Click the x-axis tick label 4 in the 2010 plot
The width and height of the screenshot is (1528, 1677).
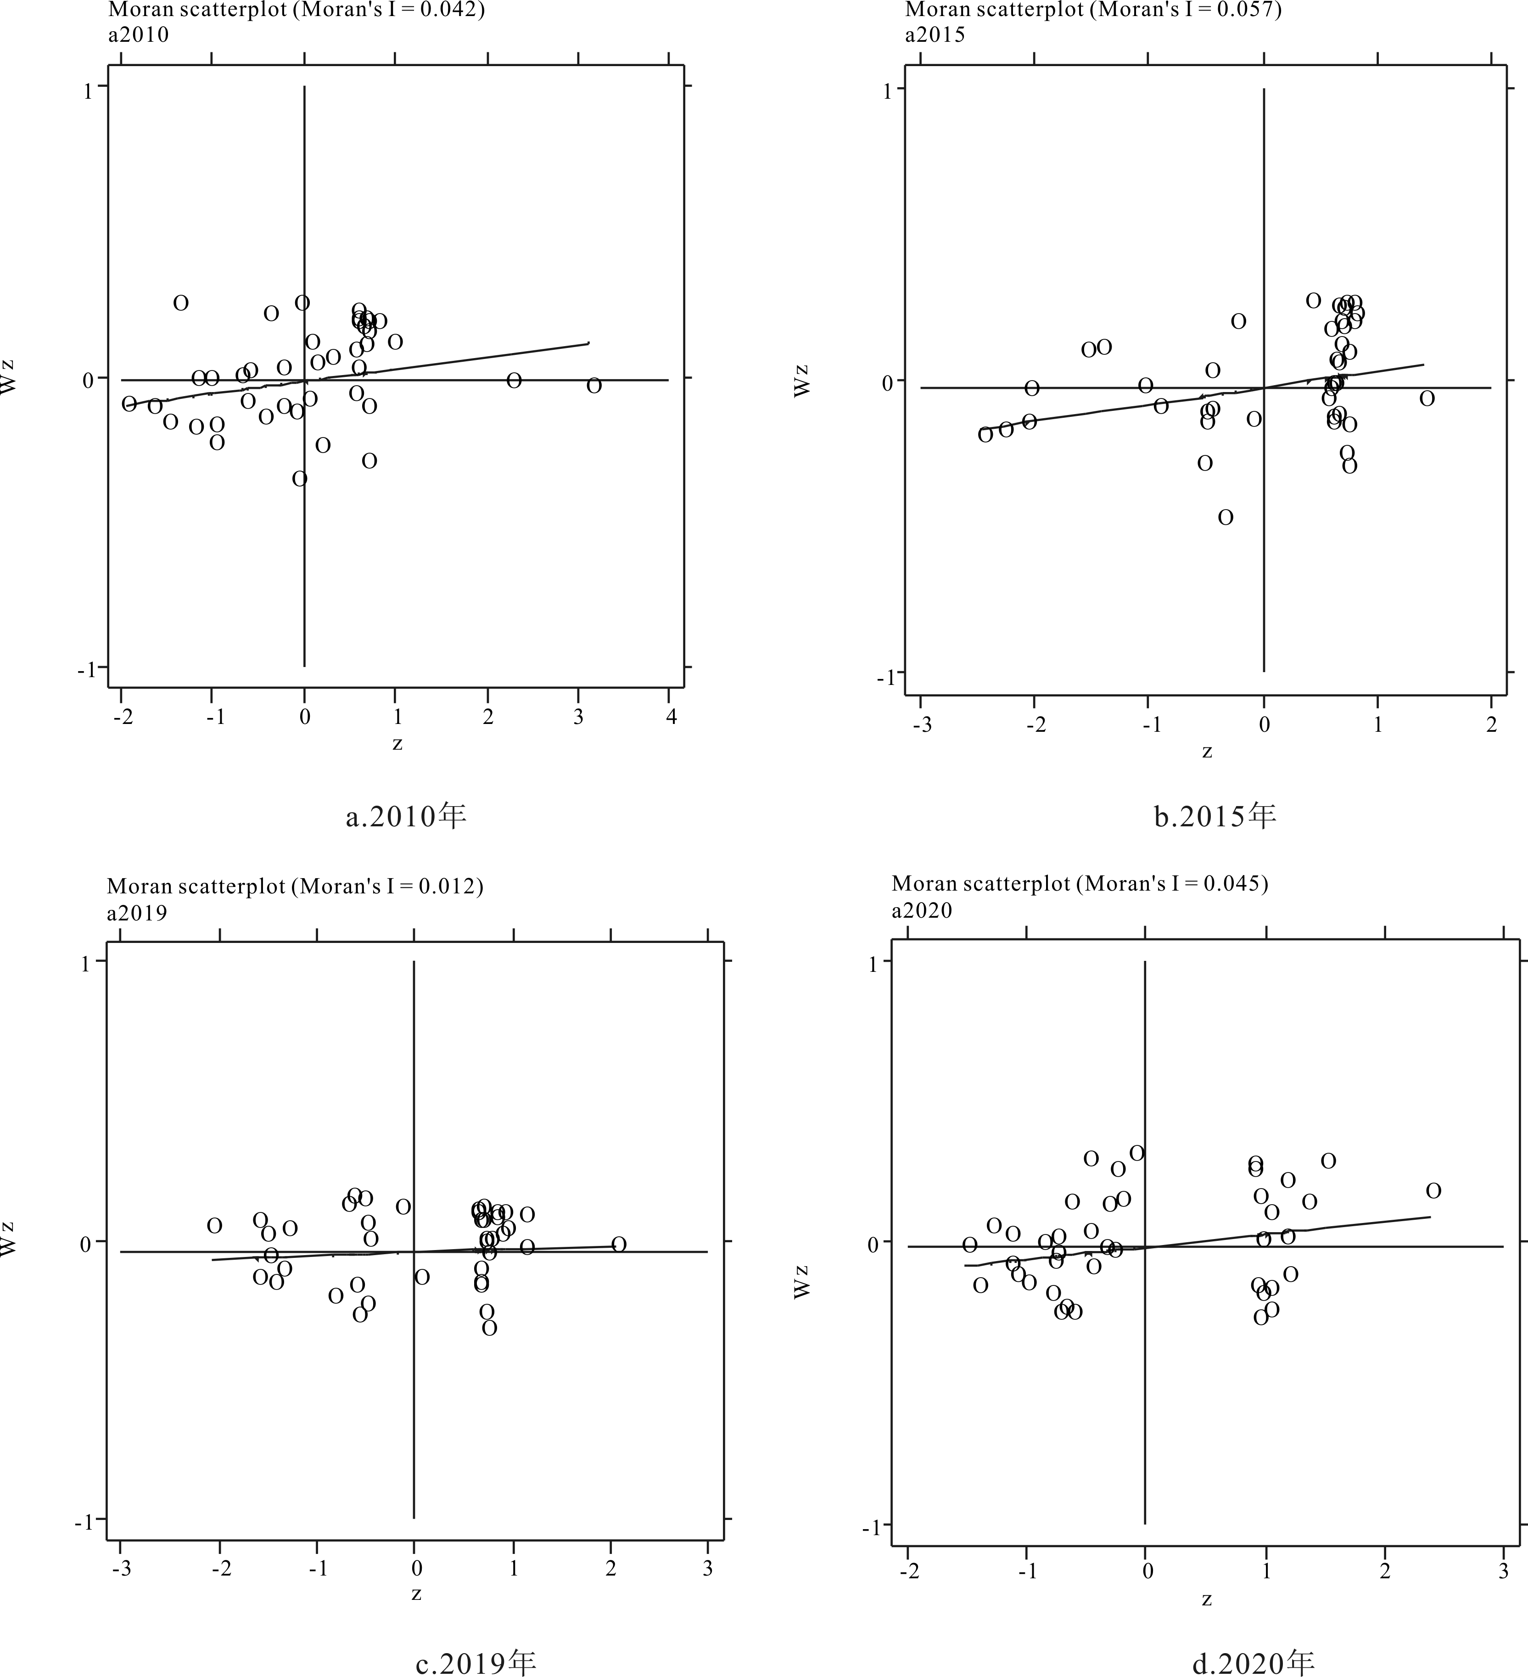point(671,717)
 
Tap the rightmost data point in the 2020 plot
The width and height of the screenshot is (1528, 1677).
point(1433,1191)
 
